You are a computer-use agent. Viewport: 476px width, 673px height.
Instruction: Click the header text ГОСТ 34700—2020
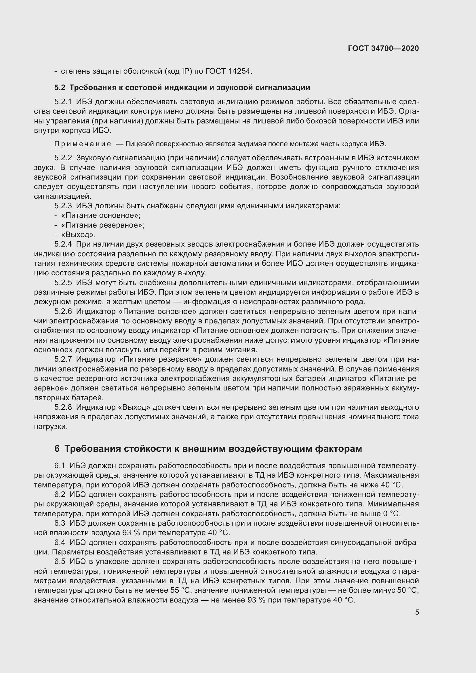(x=383, y=48)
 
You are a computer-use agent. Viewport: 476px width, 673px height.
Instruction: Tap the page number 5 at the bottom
(x=417, y=612)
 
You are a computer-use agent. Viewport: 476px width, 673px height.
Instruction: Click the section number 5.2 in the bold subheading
(x=60, y=88)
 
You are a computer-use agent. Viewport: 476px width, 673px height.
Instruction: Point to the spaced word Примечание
(x=83, y=144)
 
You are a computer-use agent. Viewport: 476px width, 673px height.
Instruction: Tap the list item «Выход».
(x=78, y=235)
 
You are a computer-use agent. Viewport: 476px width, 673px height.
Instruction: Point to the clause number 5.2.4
(x=63, y=244)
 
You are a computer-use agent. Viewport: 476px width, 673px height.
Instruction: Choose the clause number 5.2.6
(x=63, y=311)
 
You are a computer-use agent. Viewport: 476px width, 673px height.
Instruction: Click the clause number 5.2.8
(x=63, y=407)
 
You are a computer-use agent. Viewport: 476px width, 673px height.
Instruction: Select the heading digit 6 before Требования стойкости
(x=57, y=449)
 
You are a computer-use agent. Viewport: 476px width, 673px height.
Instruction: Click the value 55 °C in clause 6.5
(x=179, y=590)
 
